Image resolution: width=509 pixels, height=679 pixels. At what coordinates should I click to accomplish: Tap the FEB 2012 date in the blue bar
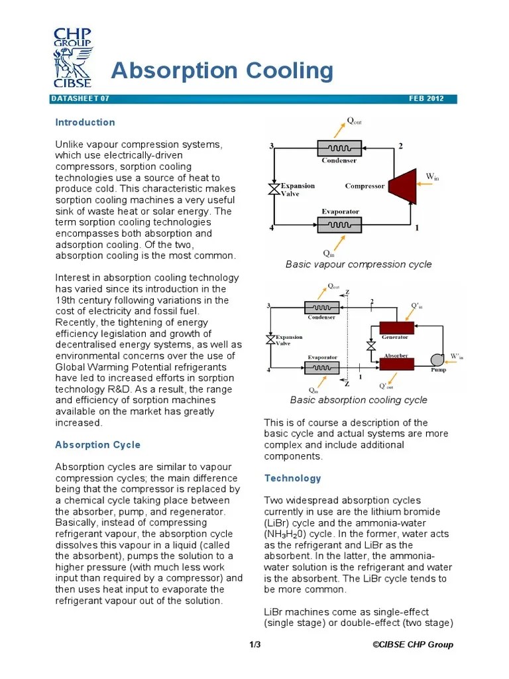pos(431,99)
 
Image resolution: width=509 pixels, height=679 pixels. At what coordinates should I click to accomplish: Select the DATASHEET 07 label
pos(80,99)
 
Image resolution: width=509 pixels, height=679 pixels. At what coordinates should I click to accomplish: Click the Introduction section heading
pos(85,122)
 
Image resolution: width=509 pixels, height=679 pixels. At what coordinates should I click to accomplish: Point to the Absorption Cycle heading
pos(97,445)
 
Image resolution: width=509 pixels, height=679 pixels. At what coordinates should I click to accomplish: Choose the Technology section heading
pos(292,478)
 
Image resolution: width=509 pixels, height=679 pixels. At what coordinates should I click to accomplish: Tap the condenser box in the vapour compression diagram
pos(339,148)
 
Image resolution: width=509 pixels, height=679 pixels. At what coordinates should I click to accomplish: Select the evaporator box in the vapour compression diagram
pos(339,225)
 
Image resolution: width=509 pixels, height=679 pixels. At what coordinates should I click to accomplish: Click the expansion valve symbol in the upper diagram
pos(272,189)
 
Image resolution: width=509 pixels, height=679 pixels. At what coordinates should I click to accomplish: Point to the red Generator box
pos(396,327)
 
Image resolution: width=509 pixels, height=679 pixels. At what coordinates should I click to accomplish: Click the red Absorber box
pos(396,363)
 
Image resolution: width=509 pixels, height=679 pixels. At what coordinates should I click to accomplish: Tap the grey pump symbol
pos(438,359)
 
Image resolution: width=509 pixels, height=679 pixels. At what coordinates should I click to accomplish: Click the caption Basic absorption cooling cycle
pos(359,400)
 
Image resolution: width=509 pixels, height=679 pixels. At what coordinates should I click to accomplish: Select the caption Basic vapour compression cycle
pos(359,265)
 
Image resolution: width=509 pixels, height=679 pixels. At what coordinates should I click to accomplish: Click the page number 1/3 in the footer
pos(255,645)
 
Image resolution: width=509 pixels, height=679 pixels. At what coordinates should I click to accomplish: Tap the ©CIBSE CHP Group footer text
pos(412,645)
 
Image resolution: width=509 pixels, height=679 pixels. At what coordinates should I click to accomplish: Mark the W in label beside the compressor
pos(432,177)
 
